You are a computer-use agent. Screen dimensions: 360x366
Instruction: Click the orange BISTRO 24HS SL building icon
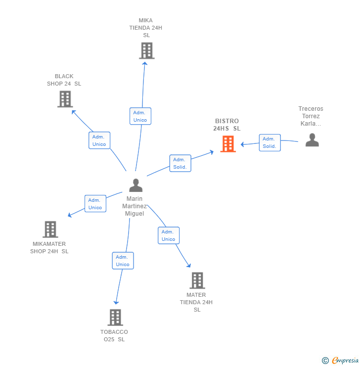tap(227, 144)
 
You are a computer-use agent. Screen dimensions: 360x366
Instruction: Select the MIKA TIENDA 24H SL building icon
tap(146, 50)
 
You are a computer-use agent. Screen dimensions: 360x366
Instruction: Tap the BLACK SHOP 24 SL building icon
tap(65, 99)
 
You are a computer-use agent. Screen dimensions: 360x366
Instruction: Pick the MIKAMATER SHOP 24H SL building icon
tap(50, 229)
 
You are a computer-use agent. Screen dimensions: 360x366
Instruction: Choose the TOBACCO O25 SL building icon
tap(115, 318)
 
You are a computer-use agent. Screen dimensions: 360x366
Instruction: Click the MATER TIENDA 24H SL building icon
tap(197, 280)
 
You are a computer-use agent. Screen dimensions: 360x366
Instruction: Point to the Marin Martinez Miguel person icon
tap(135, 185)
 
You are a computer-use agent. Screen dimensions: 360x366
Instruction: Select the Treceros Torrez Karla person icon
tap(312, 140)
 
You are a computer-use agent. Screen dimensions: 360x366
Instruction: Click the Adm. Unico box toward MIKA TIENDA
tap(140, 116)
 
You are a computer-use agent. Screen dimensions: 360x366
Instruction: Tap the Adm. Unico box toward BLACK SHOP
tap(99, 140)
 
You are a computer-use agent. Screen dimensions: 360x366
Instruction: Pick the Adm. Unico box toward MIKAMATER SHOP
tap(95, 204)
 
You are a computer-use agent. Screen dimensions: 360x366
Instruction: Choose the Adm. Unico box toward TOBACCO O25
tap(123, 261)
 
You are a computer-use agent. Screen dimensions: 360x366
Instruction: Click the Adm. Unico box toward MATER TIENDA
tap(168, 235)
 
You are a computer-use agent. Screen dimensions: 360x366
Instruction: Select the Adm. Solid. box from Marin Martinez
tap(180, 163)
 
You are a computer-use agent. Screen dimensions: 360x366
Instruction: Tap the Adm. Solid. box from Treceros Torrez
tap(270, 142)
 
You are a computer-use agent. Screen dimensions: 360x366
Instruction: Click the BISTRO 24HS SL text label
tap(227, 125)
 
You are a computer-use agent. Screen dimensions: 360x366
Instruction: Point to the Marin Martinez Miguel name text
tap(135, 206)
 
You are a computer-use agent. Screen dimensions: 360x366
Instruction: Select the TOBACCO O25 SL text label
tap(114, 336)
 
